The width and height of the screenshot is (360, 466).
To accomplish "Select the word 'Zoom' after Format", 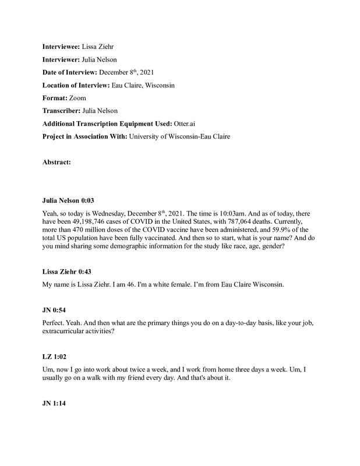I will click(x=77, y=98).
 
